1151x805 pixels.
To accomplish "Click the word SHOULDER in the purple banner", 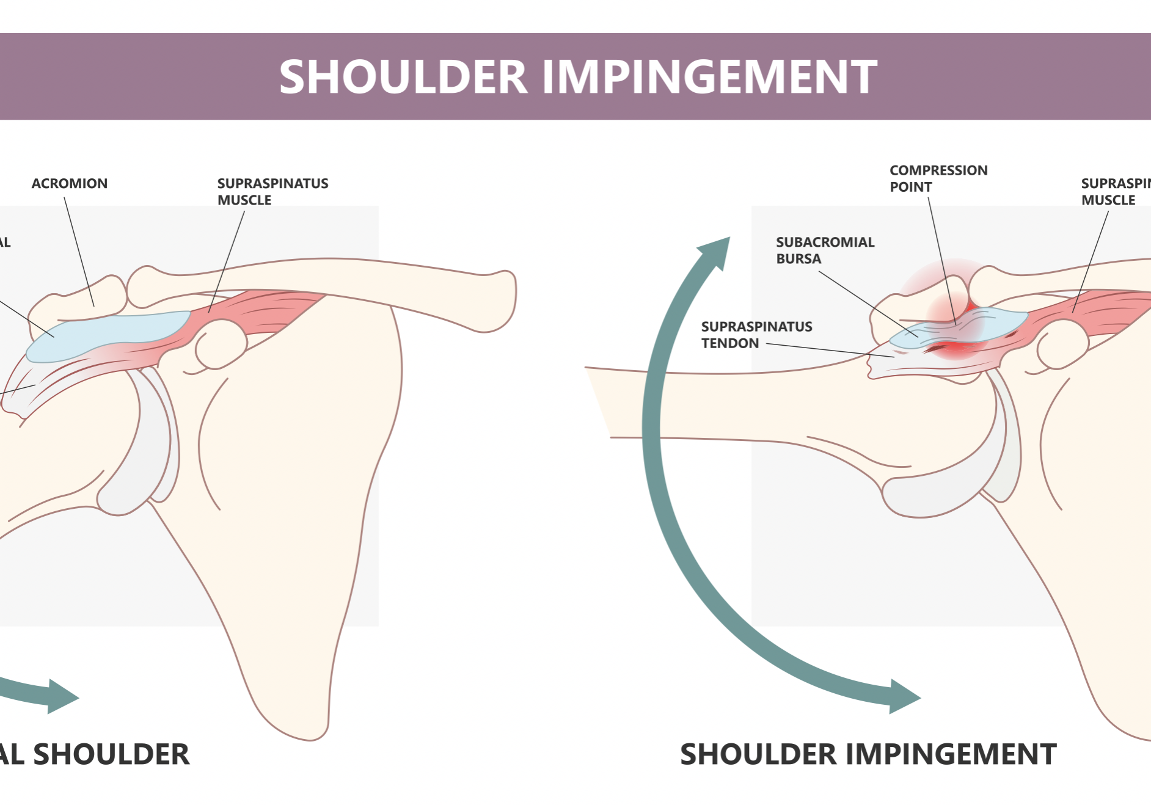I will [x=403, y=78].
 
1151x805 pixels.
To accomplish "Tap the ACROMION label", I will [x=70, y=184].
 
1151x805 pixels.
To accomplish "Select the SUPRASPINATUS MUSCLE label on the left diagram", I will [x=272, y=192].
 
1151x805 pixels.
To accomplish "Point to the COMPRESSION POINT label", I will [x=938, y=178].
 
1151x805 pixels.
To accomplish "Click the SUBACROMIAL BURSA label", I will [x=825, y=250].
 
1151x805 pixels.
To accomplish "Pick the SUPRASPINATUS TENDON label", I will [x=756, y=335].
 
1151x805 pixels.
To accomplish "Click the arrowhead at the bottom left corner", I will [x=61, y=696].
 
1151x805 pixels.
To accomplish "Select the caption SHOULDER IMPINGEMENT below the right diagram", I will [x=868, y=754].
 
